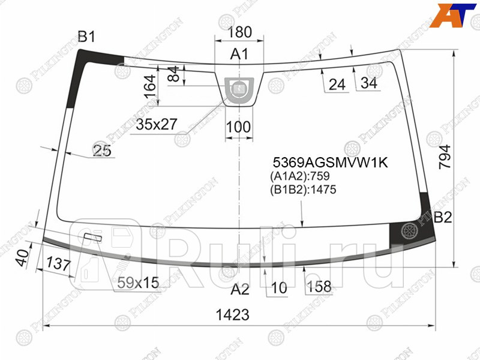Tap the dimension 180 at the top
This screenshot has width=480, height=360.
point(240,32)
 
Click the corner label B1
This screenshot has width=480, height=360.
point(87,37)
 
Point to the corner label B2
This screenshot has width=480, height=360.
point(443,217)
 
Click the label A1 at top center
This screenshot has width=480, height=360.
point(240,55)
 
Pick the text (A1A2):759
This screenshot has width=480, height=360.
point(299,176)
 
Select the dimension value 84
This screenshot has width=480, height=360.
point(173,75)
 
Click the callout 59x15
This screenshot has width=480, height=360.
point(137,282)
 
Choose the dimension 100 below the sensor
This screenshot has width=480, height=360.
point(239,127)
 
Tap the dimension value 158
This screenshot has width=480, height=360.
point(319,287)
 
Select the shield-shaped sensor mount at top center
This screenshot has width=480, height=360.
point(239,90)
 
